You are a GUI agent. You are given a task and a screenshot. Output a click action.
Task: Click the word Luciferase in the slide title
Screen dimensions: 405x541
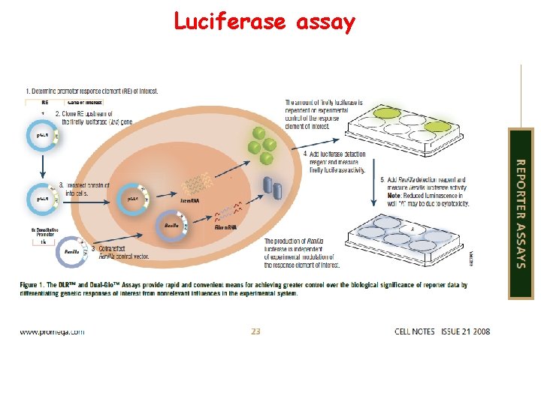point(229,22)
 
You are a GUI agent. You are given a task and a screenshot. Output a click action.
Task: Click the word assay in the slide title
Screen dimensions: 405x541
point(325,23)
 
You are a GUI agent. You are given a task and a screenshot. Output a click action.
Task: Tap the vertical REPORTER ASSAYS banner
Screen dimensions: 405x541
point(521,213)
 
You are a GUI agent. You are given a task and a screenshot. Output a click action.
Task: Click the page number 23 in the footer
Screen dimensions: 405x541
point(255,331)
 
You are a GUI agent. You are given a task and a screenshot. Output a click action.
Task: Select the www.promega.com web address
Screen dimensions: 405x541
point(52,331)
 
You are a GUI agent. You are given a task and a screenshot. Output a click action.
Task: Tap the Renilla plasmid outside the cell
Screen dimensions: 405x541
point(72,253)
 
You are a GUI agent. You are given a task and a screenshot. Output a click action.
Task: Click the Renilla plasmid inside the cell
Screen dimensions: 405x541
point(172,224)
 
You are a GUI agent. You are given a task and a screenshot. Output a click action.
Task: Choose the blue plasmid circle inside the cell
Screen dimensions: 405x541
point(133,199)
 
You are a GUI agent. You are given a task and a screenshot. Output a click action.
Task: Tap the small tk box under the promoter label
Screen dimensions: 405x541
point(44,241)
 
